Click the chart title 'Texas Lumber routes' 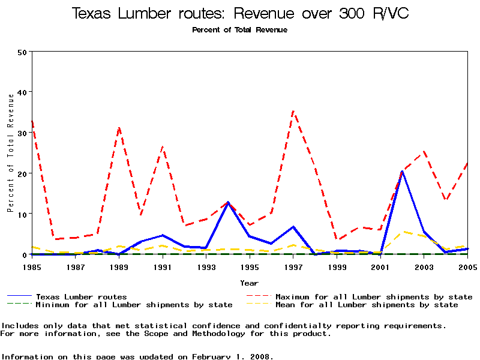point(240,13)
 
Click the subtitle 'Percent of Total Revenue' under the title point(240,29)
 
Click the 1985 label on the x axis point(32,266)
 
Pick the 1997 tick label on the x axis point(293,266)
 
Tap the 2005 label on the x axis point(467,266)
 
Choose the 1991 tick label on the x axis point(163,266)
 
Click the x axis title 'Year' point(249,283)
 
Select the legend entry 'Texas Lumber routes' point(81,296)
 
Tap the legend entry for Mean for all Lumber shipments point(367,305)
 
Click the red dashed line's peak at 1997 point(293,111)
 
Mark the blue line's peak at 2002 point(402,172)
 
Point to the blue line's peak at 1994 point(228,202)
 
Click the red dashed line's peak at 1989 point(119,127)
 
